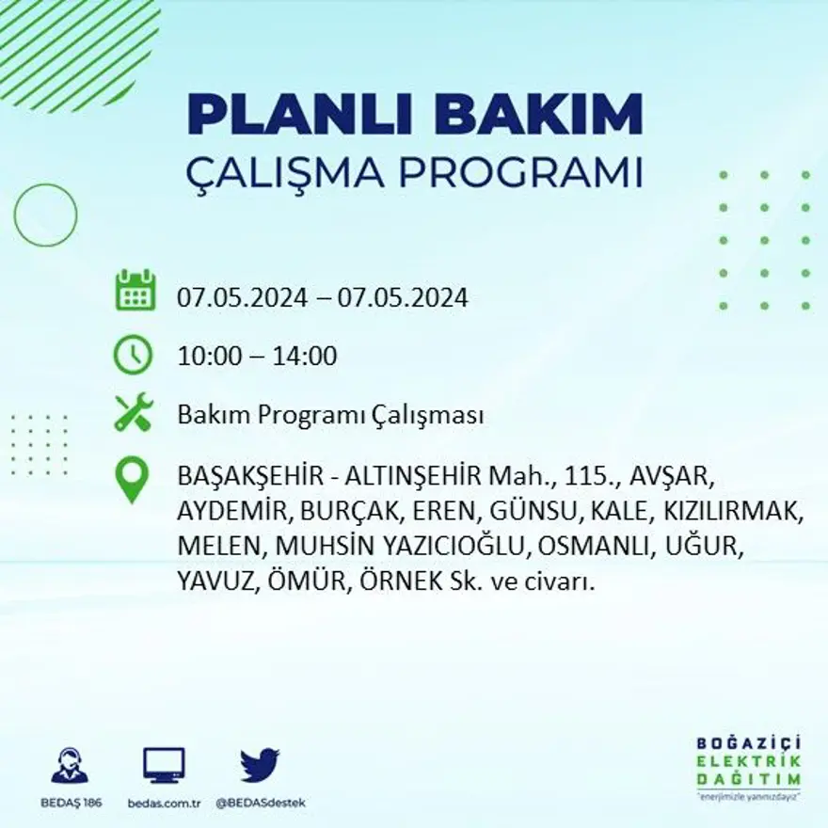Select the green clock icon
(133, 355)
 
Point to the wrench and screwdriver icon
(133, 413)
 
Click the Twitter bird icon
(259, 766)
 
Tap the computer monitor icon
(164, 766)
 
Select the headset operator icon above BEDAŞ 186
(69, 766)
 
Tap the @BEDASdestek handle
(261, 803)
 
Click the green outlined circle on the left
(45, 215)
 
